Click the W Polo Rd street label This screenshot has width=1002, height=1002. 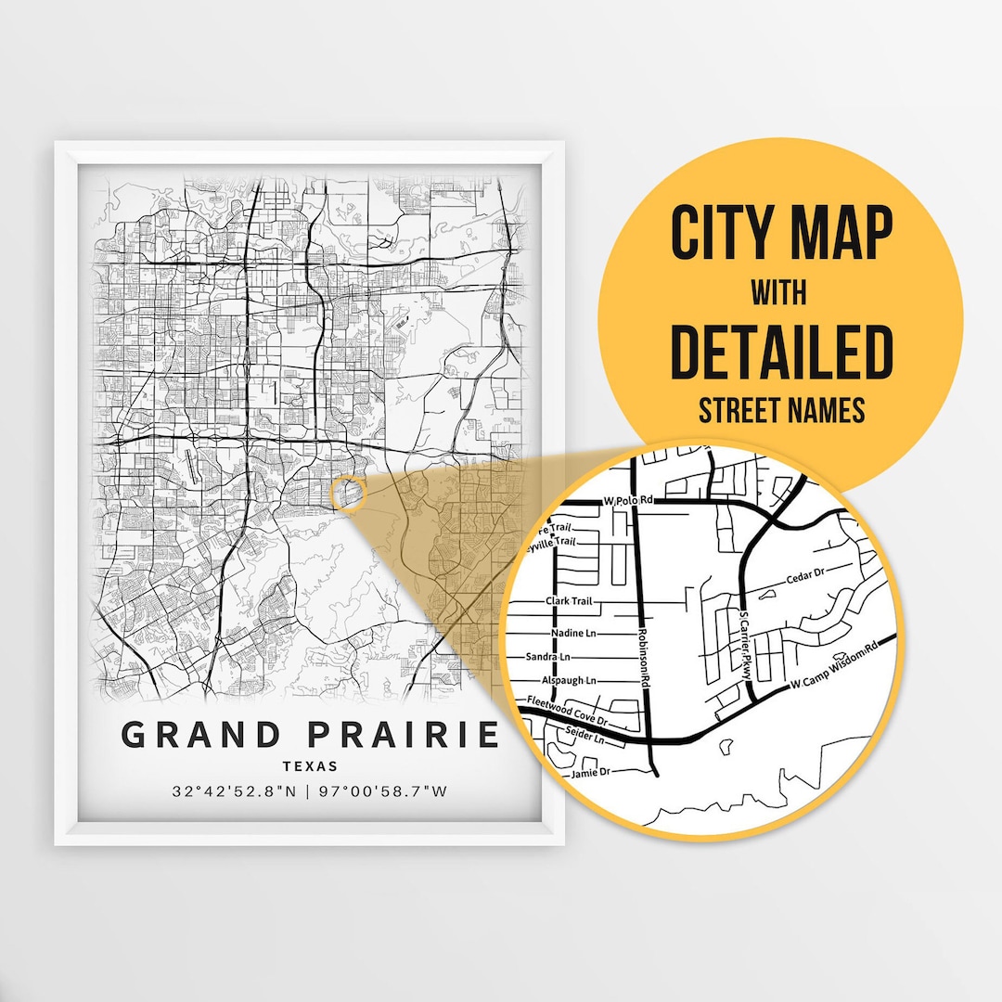point(629,500)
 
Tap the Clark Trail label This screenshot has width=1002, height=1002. point(570,601)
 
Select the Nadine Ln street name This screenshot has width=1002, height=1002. point(572,632)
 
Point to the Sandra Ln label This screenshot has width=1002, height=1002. point(548,656)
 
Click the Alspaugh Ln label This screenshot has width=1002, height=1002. point(570,680)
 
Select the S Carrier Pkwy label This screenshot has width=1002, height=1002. point(744,645)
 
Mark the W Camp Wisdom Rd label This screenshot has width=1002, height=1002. point(833,667)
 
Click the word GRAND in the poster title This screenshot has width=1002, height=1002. point(201,735)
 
